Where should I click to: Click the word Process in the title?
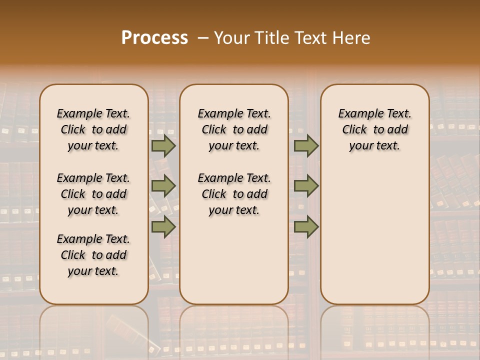154,38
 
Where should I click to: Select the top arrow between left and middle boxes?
163,146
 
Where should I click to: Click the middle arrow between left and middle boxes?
163,186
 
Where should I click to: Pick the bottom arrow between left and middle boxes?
163,227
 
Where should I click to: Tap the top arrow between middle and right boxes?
306,146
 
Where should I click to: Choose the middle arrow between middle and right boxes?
306,186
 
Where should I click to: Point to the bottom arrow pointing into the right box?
306,227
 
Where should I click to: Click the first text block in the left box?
93,129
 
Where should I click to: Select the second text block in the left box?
93,194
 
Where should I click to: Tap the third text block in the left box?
93,255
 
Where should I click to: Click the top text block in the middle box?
234,129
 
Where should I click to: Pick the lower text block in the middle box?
234,194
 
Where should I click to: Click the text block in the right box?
374,129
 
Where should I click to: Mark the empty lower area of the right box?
374,235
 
